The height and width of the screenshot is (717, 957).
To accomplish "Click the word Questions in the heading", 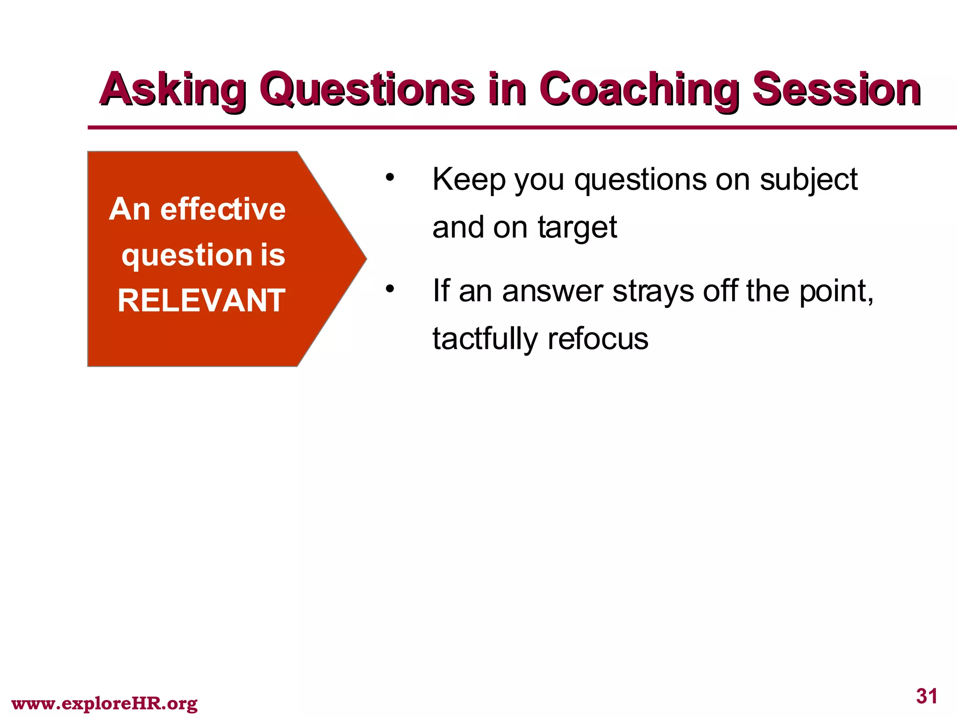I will [x=369, y=90].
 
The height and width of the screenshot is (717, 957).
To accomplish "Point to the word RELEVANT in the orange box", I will [x=201, y=301].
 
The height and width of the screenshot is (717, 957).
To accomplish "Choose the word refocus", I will [x=598, y=338].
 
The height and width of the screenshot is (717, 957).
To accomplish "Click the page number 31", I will [x=926, y=696].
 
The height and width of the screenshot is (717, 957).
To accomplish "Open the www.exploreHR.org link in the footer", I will [x=104, y=703].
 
